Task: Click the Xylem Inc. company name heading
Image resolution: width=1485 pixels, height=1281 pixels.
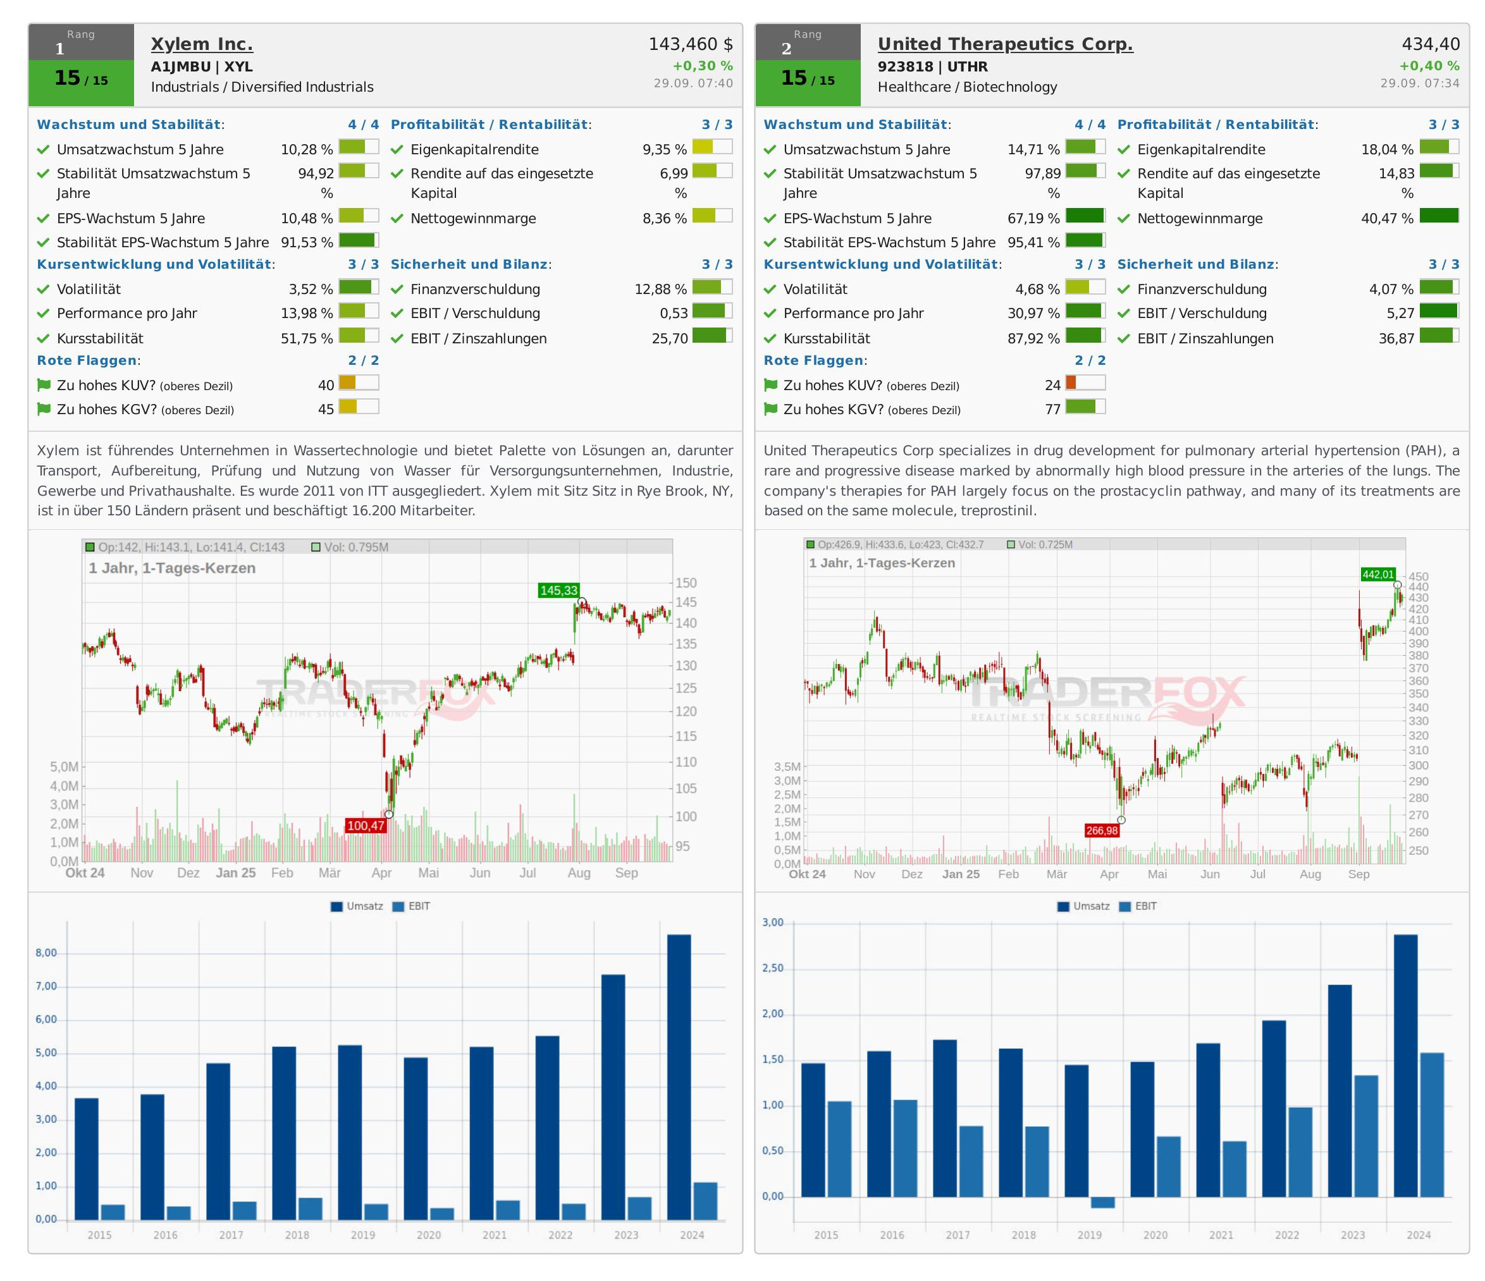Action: [x=201, y=44]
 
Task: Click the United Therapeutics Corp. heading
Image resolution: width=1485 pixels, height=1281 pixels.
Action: [x=1005, y=44]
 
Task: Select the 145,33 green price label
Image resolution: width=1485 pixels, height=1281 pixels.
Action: [x=558, y=591]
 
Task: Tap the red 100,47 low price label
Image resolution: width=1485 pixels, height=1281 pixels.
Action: [x=366, y=825]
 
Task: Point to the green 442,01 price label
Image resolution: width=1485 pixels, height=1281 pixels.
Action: [x=1378, y=575]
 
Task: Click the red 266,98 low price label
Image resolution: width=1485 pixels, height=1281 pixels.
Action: [x=1102, y=830]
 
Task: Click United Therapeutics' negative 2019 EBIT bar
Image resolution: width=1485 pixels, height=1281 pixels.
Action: [x=1102, y=1202]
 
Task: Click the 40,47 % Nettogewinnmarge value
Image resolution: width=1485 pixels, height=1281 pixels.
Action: [x=1387, y=219]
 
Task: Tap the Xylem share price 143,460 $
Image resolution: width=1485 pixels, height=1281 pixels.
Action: [x=690, y=44]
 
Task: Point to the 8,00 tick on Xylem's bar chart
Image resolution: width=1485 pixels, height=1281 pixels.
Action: [x=47, y=953]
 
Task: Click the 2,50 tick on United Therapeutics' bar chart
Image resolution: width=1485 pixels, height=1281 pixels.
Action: [x=773, y=969]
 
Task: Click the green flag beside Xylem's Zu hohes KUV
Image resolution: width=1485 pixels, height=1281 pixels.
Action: [x=44, y=386]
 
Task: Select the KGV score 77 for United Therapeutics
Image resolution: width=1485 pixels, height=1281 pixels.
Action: [x=1052, y=410]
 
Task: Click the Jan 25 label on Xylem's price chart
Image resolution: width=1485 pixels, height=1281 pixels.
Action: [x=236, y=873]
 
